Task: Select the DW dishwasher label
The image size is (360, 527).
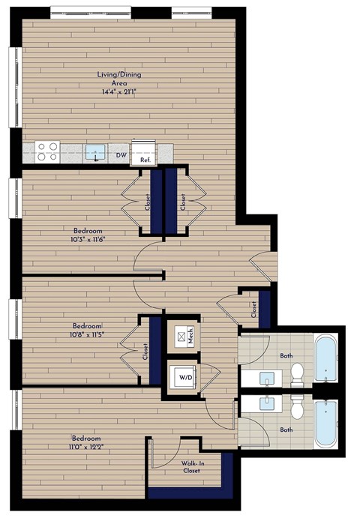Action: (121, 156)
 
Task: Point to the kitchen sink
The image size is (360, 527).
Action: (94, 153)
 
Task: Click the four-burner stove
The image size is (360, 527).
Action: (48, 152)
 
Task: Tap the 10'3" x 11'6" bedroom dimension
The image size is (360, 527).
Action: (88, 239)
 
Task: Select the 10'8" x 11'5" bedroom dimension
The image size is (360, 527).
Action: (87, 335)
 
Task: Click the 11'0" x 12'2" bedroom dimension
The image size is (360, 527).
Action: (88, 448)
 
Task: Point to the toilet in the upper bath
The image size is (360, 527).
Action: (296, 370)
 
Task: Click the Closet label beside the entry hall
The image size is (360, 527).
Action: (253, 308)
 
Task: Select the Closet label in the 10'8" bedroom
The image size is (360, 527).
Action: (145, 352)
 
